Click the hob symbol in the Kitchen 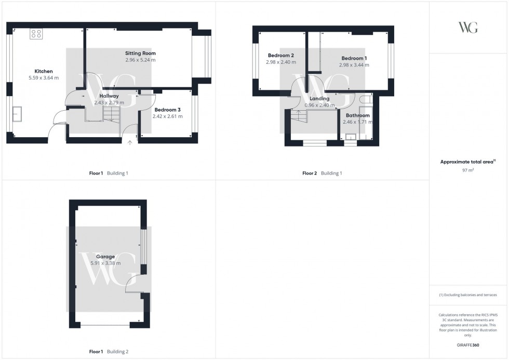(x=36, y=34)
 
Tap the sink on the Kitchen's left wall (x=18, y=114)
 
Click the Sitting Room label (x=140, y=53)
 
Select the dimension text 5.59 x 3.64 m (x=44, y=78)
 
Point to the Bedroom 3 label (x=167, y=110)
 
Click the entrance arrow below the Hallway (x=129, y=142)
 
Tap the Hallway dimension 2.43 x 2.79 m (x=109, y=103)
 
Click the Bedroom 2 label (x=281, y=56)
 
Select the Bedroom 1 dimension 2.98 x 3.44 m (x=354, y=65)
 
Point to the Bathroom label (x=357, y=115)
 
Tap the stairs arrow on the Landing (x=298, y=112)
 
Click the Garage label (x=105, y=257)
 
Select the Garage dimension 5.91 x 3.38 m (x=105, y=263)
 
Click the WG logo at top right (x=468, y=28)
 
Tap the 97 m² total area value (x=468, y=170)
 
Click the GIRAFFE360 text (x=468, y=345)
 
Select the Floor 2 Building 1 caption (x=322, y=174)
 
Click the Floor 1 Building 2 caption (x=109, y=352)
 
